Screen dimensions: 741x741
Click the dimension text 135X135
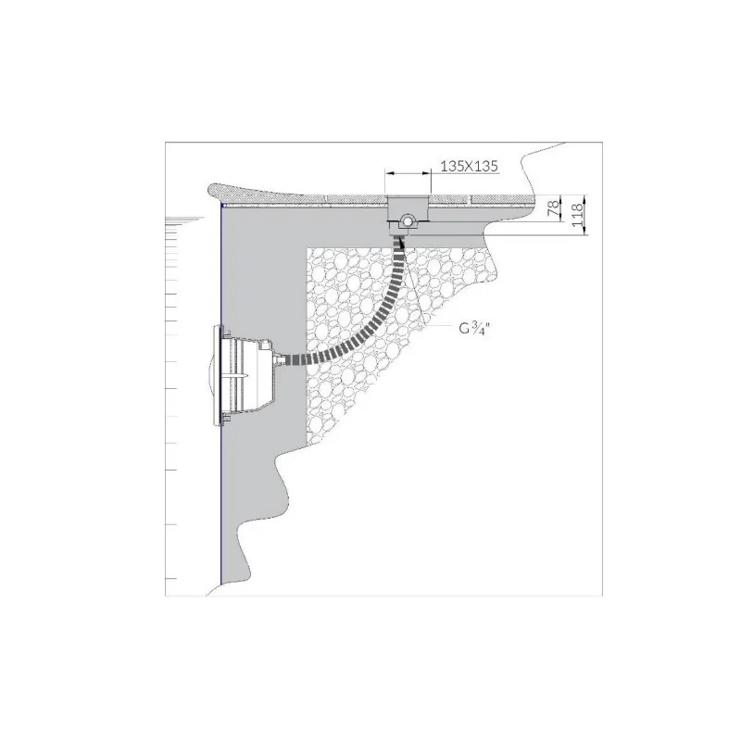pos(471,167)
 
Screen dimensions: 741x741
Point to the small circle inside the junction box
pos(406,220)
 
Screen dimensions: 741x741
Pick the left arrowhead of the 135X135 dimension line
pos(390,173)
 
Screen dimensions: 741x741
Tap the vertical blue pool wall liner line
pos(221,482)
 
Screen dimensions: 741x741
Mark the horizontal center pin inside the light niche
pos(243,375)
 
